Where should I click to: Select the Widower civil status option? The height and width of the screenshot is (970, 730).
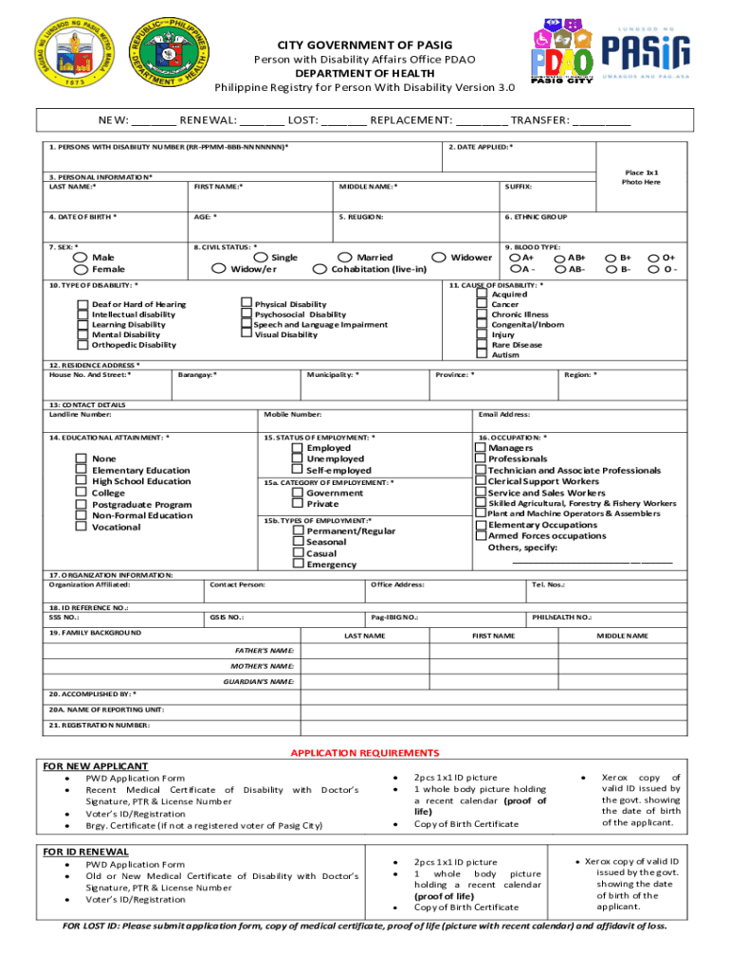point(438,258)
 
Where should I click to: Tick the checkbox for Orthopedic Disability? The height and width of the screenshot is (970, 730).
point(82,345)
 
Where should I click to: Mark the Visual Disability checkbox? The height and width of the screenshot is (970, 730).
point(246,334)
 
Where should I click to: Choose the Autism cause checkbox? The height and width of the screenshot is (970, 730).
point(483,355)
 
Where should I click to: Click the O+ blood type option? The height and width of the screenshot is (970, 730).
point(654,258)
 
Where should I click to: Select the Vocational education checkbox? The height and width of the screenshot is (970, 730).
point(82,527)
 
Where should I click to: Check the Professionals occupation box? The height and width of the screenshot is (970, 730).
point(480,459)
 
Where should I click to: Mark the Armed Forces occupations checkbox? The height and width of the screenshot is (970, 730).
point(480,536)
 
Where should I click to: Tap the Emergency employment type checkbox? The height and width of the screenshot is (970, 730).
point(298,565)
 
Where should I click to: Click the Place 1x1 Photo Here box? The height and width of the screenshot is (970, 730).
point(640,177)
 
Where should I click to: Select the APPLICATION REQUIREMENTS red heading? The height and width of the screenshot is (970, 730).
point(365,753)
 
